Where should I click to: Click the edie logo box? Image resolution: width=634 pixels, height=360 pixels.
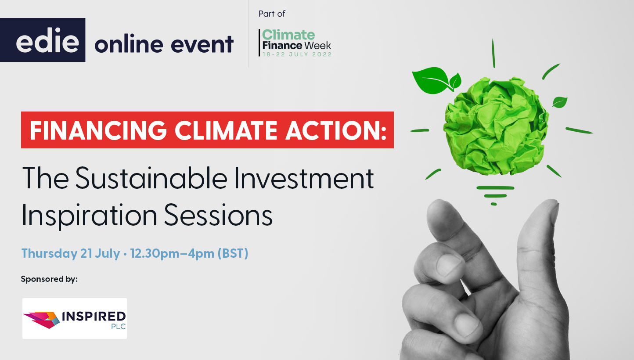tap(43, 40)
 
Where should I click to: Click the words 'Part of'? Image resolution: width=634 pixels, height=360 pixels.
tap(272, 14)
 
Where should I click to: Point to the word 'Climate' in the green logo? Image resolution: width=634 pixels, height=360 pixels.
tap(289, 35)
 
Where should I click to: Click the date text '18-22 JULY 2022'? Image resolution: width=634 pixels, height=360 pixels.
tap(297, 54)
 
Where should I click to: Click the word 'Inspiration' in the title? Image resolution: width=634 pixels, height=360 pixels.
tap(89, 215)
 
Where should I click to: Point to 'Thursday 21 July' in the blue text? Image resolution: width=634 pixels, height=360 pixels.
tap(70, 254)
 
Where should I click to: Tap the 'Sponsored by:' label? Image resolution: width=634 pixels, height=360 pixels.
tap(49, 279)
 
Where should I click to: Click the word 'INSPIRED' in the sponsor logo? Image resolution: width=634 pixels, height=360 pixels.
tap(94, 316)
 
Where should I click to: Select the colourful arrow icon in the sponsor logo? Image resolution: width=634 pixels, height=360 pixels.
tap(42, 319)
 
